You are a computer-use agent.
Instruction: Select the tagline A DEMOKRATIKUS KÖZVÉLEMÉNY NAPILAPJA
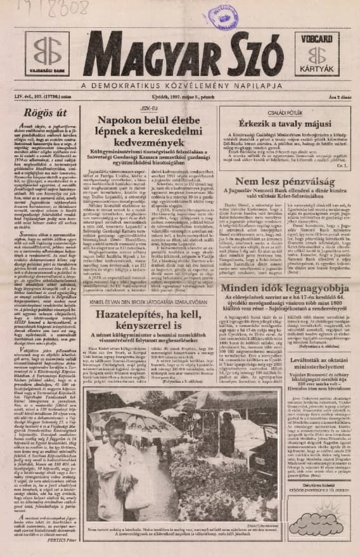[180, 85]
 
